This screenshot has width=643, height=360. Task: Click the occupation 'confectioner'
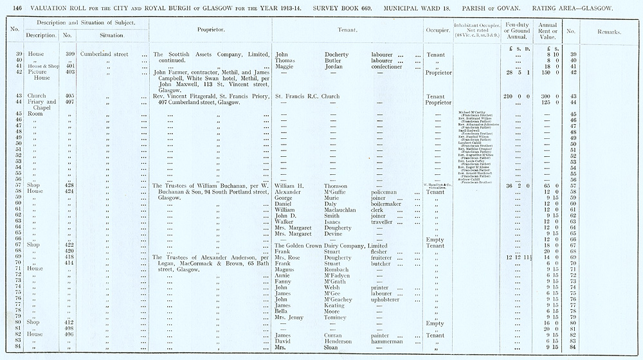[390, 66]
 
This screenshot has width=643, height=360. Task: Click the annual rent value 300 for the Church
[541, 96]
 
